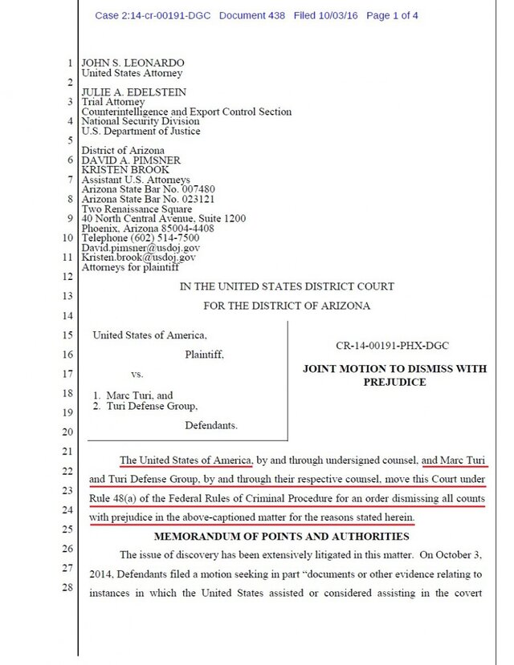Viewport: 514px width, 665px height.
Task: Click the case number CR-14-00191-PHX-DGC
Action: [392, 345]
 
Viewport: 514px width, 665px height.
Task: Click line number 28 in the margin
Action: [67, 589]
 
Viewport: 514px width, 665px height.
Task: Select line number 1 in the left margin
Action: [70, 63]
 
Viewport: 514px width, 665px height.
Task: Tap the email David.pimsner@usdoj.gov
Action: [141, 248]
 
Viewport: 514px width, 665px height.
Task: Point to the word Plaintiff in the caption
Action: [205, 354]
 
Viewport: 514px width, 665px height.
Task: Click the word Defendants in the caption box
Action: [211, 424]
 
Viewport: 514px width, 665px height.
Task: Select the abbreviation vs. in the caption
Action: [137, 374]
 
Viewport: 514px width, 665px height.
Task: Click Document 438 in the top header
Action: [251, 15]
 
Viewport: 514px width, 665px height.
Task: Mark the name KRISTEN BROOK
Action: [124, 170]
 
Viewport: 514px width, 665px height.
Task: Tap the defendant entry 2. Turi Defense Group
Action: [146, 406]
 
